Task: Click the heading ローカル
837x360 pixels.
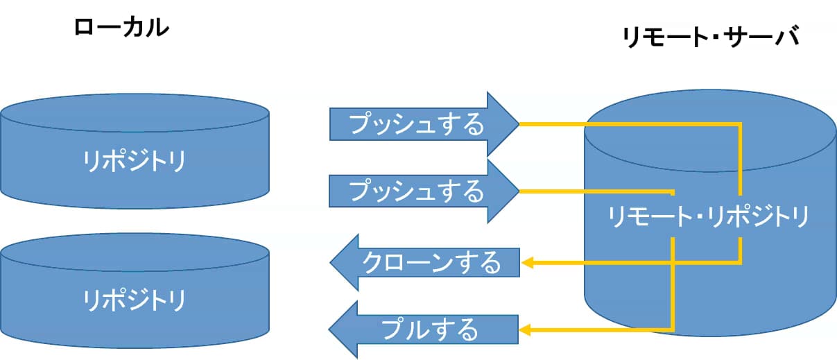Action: (x=121, y=28)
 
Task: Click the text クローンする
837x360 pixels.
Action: (x=432, y=263)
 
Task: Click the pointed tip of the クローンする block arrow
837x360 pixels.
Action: (x=331, y=262)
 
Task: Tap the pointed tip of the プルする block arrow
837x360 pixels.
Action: (x=331, y=329)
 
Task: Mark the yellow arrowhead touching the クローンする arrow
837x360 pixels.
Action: (x=526, y=263)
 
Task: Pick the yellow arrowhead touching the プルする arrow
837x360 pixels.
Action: (x=526, y=329)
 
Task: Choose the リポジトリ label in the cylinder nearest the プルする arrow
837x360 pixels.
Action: (x=135, y=300)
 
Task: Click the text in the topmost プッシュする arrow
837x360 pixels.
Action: (x=415, y=125)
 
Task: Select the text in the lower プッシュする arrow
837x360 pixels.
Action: (x=415, y=191)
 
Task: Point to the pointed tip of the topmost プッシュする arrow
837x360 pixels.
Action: (x=518, y=124)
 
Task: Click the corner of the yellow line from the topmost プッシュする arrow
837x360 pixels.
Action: (x=741, y=125)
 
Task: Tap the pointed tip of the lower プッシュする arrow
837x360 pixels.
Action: (x=518, y=191)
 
